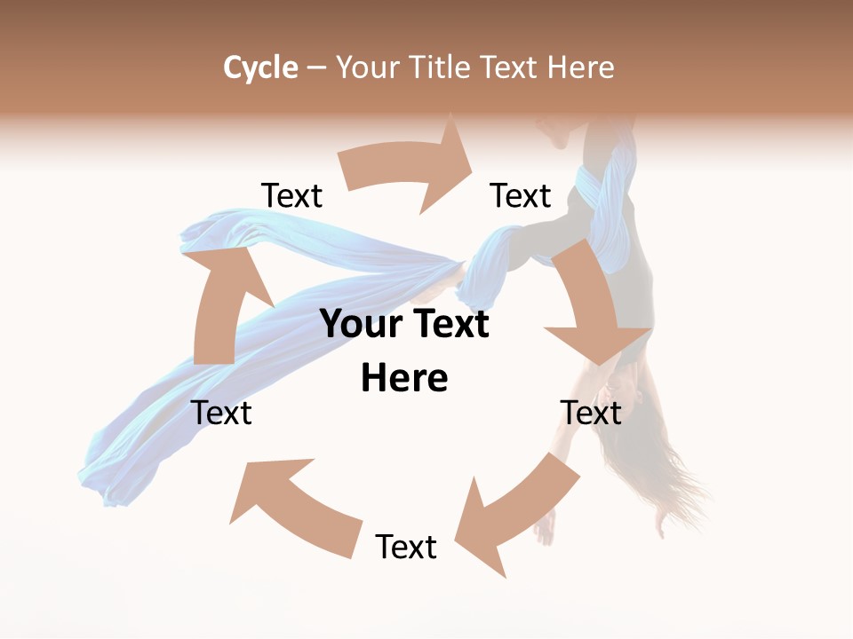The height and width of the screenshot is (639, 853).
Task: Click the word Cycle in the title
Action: click(260, 67)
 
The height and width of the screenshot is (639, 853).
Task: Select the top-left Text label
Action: click(292, 196)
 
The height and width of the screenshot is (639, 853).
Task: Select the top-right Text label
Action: click(521, 196)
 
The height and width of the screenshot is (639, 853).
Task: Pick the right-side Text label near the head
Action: click(591, 413)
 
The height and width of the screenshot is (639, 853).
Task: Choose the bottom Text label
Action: click(406, 547)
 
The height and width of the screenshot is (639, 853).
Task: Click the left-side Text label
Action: click(221, 413)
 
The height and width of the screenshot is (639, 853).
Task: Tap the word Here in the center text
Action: click(404, 378)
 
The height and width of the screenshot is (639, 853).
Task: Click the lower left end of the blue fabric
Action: click(111, 484)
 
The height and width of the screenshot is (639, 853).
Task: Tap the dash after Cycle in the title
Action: click(316, 67)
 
